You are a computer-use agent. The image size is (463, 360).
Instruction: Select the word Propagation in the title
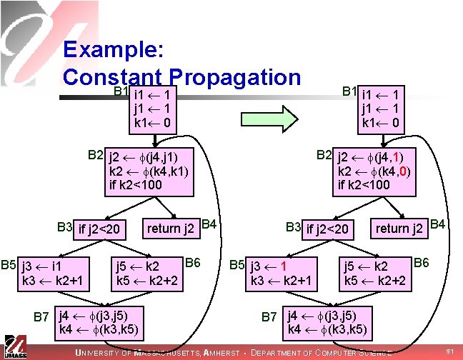click(x=237, y=76)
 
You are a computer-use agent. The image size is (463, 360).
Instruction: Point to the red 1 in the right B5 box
click(x=283, y=267)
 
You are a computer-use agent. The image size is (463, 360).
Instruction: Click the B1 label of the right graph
click(x=350, y=91)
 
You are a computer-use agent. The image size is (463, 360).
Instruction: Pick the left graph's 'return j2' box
click(x=171, y=229)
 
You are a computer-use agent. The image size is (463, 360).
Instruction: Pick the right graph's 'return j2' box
click(x=401, y=229)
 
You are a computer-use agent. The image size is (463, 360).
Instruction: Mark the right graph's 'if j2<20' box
click(x=328, y=229)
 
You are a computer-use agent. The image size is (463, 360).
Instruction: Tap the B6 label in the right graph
click(x=422, y=263)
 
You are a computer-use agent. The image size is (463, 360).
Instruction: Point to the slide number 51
click(x=449, y=351)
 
